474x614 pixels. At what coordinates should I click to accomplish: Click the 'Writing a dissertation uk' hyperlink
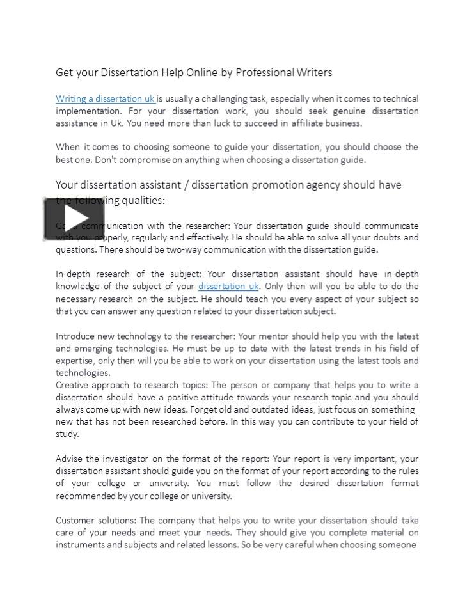(x=105, y=99)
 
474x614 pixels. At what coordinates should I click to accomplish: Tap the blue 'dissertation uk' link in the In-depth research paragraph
(x=228, y=287)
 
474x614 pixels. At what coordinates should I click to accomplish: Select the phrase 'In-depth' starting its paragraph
(x=73, y=274)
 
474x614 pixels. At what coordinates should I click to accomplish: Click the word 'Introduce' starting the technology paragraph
(x=75, y=336)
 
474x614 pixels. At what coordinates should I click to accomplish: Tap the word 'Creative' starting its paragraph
(x=72, y=385)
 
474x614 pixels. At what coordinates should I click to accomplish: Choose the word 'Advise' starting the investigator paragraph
(x=68, y=459)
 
